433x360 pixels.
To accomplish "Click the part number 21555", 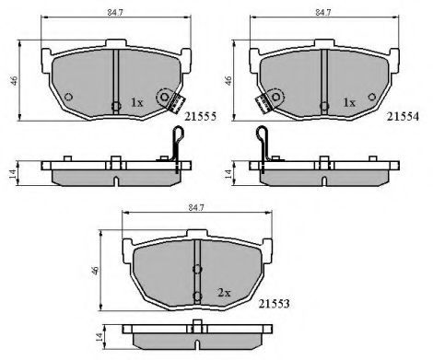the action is (x=201, y=116).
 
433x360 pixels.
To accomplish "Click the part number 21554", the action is (x=403, y=116).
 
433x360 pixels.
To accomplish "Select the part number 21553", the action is (x=274, y=304).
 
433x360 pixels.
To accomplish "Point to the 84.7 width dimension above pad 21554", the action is (x=323, y=12).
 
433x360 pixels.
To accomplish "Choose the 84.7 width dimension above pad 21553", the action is (x=196, y=207).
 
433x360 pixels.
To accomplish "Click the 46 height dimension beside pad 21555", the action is (x=14, y=80).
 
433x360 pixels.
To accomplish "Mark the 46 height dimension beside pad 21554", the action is (x=228, y=80).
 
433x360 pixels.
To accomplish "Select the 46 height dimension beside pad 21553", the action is (x=95, y=271).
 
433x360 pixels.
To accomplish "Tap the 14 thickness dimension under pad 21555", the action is (x=12, y=174).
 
